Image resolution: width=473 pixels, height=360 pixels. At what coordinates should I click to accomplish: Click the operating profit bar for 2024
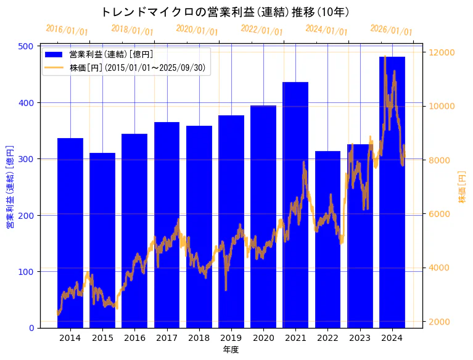392,192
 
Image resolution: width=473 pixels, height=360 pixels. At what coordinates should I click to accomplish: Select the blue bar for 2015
102,240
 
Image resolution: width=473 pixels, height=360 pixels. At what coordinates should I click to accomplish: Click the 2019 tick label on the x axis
231,338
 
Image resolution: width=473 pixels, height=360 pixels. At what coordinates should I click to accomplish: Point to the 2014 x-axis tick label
70,338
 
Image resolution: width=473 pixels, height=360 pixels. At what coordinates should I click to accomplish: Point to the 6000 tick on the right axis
440,214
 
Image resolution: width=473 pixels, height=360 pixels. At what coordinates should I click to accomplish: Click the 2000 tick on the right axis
440,322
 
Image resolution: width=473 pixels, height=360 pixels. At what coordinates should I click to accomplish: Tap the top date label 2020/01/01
197,30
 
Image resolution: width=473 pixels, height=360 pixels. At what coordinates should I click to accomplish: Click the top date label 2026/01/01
391,30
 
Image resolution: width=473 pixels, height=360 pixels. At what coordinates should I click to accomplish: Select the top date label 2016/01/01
67,30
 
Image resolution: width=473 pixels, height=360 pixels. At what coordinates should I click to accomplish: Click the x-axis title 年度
231,350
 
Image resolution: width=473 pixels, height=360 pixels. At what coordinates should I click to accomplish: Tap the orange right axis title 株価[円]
462,187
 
